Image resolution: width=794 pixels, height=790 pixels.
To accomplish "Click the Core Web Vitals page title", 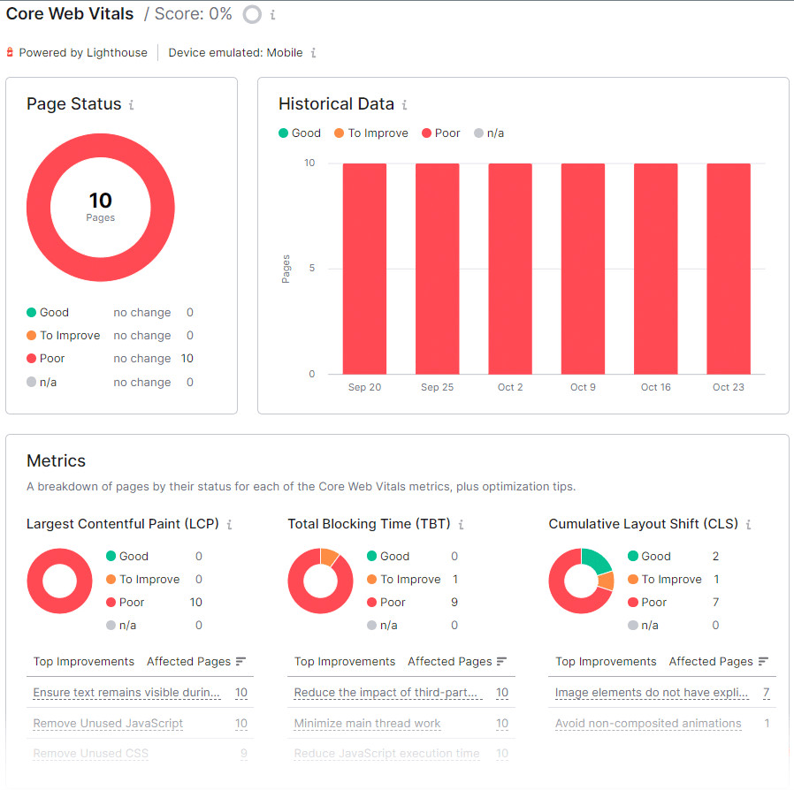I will [x=70, y=14].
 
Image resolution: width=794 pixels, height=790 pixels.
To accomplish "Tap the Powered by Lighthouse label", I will [x=83, y=53].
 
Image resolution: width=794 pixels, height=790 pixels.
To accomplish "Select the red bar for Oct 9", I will [x=583, y=269].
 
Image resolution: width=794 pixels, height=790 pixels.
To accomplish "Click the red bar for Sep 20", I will [x=364, y=269].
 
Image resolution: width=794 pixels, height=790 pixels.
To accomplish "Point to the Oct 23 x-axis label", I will [x=728, y=387].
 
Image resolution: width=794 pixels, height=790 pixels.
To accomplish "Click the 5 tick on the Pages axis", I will [x=309, y=269].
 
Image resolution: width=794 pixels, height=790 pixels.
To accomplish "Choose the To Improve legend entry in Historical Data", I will [x=378, y=133].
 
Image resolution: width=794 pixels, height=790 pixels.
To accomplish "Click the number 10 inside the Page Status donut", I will [x=100, y=201].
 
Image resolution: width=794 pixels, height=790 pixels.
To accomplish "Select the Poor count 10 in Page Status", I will [x=187, y=359].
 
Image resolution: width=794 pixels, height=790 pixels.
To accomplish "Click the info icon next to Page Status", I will [x=132, y=105].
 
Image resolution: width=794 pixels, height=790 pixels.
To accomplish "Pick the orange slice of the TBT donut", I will [x=330, y=557].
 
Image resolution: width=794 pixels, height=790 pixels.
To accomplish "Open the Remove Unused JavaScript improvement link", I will [x=108, y=724].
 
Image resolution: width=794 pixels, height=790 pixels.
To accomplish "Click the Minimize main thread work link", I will [x=367, y=724].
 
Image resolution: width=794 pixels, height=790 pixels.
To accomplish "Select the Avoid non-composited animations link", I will [x=648, y=724].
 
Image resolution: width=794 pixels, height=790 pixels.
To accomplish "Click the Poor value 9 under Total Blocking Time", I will [x=454, y=603].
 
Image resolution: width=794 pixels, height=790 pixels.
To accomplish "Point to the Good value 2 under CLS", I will [x=715, y=557].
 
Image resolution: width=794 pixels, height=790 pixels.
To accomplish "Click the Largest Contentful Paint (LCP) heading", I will [x=122, y=524].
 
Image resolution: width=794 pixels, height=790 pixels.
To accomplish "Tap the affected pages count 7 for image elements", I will [x=766, y=693].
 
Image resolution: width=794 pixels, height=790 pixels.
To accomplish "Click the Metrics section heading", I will [x=56, y=460].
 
